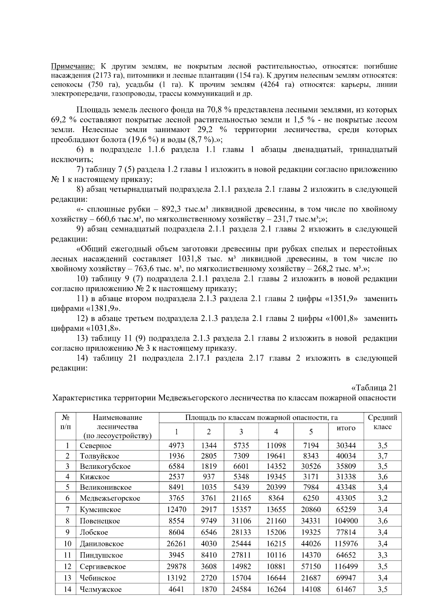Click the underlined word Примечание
[73, 66]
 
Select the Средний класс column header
[382, 422]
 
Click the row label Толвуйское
[100, 456]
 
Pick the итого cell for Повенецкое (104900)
[346, 521]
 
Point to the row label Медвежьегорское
[110, 498]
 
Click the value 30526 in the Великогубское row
[311, 466]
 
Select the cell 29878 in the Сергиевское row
[176, 567]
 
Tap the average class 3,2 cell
[382, 498]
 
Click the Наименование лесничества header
[117, 426]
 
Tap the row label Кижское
[95, 477]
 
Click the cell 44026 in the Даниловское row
[311, 544]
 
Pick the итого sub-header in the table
[346, 428]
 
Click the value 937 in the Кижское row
[209, 477]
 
